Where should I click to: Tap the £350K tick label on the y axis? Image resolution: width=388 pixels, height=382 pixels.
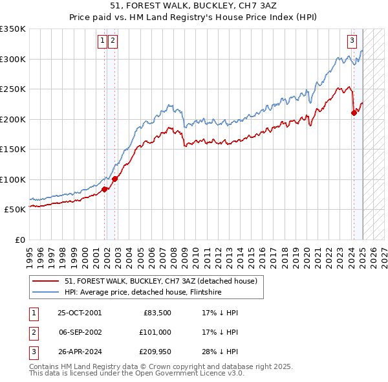(13, 29)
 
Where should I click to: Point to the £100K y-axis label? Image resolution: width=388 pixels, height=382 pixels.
(13, 179)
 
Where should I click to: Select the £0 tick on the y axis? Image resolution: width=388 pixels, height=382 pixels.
(20, 240)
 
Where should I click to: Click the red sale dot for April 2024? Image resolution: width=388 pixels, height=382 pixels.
(354, 113)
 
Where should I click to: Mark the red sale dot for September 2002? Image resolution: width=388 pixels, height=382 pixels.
(114, 179)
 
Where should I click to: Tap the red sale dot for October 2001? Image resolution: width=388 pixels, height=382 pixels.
(105, 189)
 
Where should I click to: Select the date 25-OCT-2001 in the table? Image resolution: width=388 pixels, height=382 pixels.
(80, 313)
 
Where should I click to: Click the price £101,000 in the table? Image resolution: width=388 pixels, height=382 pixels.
(155, 332)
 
